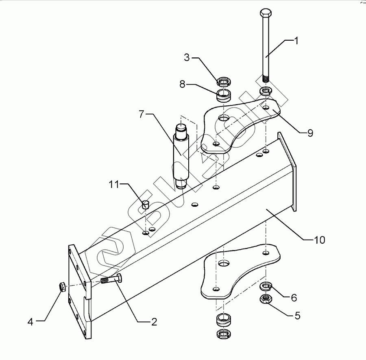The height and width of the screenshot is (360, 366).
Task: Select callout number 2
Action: [154, 322]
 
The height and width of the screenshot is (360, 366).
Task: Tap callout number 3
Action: [187, 57]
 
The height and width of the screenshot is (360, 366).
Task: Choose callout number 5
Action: [297, 315]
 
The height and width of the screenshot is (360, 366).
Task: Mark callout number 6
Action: [294, 298]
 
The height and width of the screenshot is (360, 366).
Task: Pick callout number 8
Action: [183, 84]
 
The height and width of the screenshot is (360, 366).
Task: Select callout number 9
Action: [310, 133]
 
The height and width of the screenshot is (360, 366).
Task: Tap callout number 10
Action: [320, 240]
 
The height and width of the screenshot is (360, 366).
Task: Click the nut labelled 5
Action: [266, 299]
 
